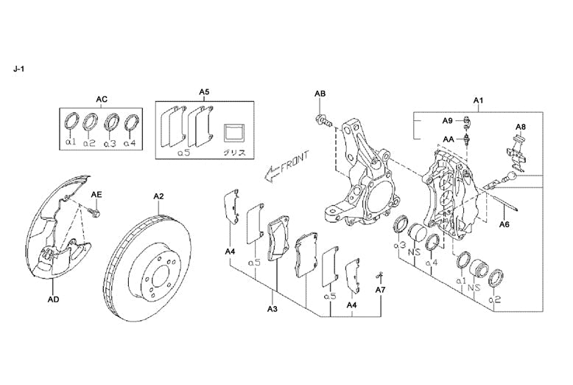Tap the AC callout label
[102, 98]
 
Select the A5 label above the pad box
[204, 92]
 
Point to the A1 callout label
[478, 100]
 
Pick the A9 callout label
[447, 120]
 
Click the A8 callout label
[520, 127]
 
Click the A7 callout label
[380, 291]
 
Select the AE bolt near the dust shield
[94, 212]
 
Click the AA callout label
[447, 138]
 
